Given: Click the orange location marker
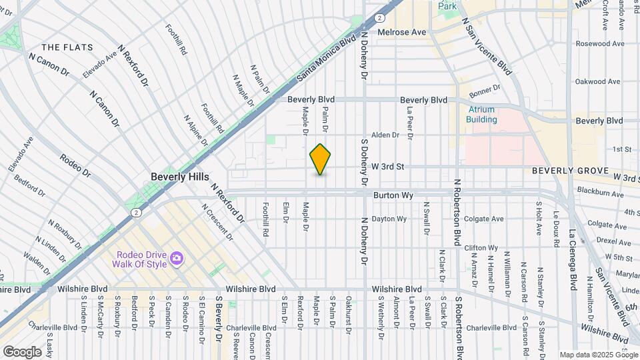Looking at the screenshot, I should coord(321,159).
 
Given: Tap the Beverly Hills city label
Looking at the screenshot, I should coord(180,177).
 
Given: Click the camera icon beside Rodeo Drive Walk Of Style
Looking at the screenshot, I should coord(177,258).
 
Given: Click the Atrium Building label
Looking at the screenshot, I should coord(482,115).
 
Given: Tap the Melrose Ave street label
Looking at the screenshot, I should coord(401,32).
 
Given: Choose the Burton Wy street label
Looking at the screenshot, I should coord(393,195).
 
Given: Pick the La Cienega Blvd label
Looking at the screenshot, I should coord(572,260).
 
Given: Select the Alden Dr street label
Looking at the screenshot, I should coord(385,135).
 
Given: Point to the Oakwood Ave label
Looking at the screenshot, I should coord(599,82).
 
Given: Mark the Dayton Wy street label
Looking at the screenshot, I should coord(389,219).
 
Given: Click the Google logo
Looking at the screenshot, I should coord(22,351).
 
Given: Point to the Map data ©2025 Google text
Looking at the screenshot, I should coord(598,355).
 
